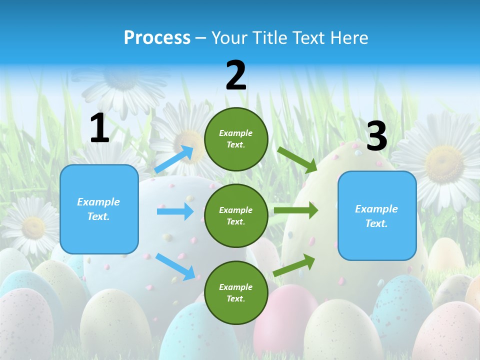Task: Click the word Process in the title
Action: click(157, 37)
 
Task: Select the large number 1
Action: click(99, 128)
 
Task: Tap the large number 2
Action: click(236, 75)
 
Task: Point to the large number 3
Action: click(376, 135)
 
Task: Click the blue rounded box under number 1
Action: click(99, 209)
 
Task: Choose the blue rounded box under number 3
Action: click(377, 215)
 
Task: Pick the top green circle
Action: click(236, 138)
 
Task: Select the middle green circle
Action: click(236, 215)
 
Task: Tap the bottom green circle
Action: click(236, 292)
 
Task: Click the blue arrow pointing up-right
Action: click(174, 159)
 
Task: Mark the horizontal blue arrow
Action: click(175, 211)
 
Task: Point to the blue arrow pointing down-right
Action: click(175, 266)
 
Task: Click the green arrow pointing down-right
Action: click(297, 159)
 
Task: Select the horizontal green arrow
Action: click(295, 210)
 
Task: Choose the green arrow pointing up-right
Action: click(294, 265)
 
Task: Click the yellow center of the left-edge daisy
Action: click(33, 227)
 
